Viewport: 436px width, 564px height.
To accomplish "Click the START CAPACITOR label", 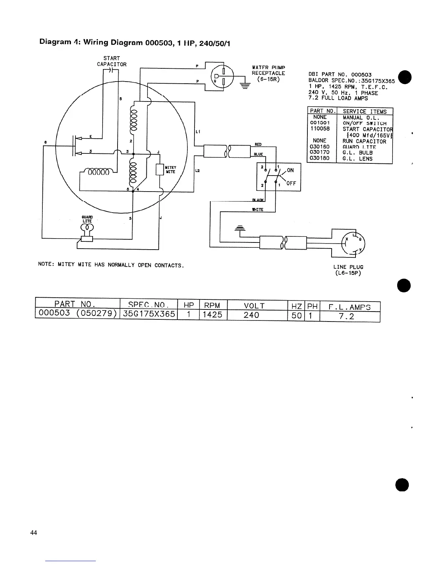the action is (111, 61).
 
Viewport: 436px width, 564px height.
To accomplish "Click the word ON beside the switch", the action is (290, 170).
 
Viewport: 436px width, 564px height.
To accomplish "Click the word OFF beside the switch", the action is (291, 184).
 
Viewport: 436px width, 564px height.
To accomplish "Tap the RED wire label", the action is (258, 144).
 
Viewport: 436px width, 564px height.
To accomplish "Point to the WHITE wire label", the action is (257, 210).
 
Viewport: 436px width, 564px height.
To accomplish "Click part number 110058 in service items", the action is (320, 129).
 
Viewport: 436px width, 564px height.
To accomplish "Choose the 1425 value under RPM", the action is (212, 315).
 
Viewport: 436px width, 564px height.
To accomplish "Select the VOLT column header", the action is (254, 306).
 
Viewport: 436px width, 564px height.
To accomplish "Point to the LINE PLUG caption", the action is (348, 267).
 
